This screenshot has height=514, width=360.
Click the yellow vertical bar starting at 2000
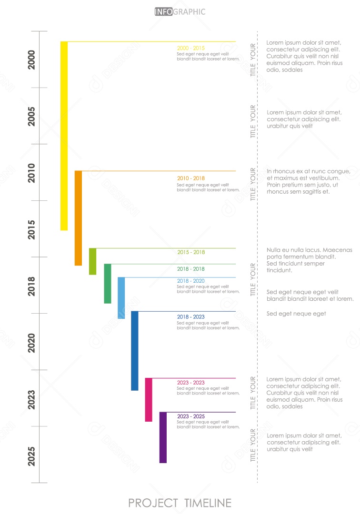(x=64, y=136)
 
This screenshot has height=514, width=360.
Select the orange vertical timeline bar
(x=78, y=217)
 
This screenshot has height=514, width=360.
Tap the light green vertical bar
(x=92, y=261)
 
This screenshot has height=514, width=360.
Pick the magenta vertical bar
(x=149, y=399)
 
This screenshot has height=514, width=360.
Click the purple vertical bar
(x=163, y=437)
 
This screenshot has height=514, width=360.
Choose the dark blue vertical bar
(x=135, y=351)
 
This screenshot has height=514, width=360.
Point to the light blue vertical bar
(x=121, y=297)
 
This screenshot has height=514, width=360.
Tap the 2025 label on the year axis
(x=31, y=455)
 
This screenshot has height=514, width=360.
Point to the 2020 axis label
(x=31, y=343)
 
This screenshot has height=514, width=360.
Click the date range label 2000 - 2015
(x=190, y=49)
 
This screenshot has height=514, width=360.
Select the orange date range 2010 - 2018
(x=190, y=178)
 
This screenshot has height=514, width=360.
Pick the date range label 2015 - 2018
(x=190, y=252)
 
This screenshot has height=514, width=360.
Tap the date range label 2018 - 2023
(x=190, y=317)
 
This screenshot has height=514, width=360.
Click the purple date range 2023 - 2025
(x=190, y=416)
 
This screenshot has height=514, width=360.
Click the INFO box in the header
(x=163, y=12)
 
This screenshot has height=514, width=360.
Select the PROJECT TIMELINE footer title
(x=180, y=503)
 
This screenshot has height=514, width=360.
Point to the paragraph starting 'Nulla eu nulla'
(x=310, y=260)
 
